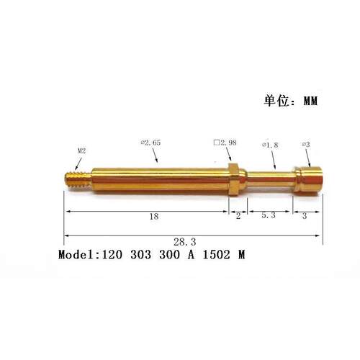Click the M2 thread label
(x=81, y=151)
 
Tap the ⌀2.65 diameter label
(x=150, y=143)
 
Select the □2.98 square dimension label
(x=225, y=143)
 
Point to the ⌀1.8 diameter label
(x=270, y=145)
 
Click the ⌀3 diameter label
(x=306, y=145)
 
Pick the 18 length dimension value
(x=154, y=217)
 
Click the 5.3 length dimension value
(x=269, y=215)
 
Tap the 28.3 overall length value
(x=185, y=242)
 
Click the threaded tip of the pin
(x=78, y=179)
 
